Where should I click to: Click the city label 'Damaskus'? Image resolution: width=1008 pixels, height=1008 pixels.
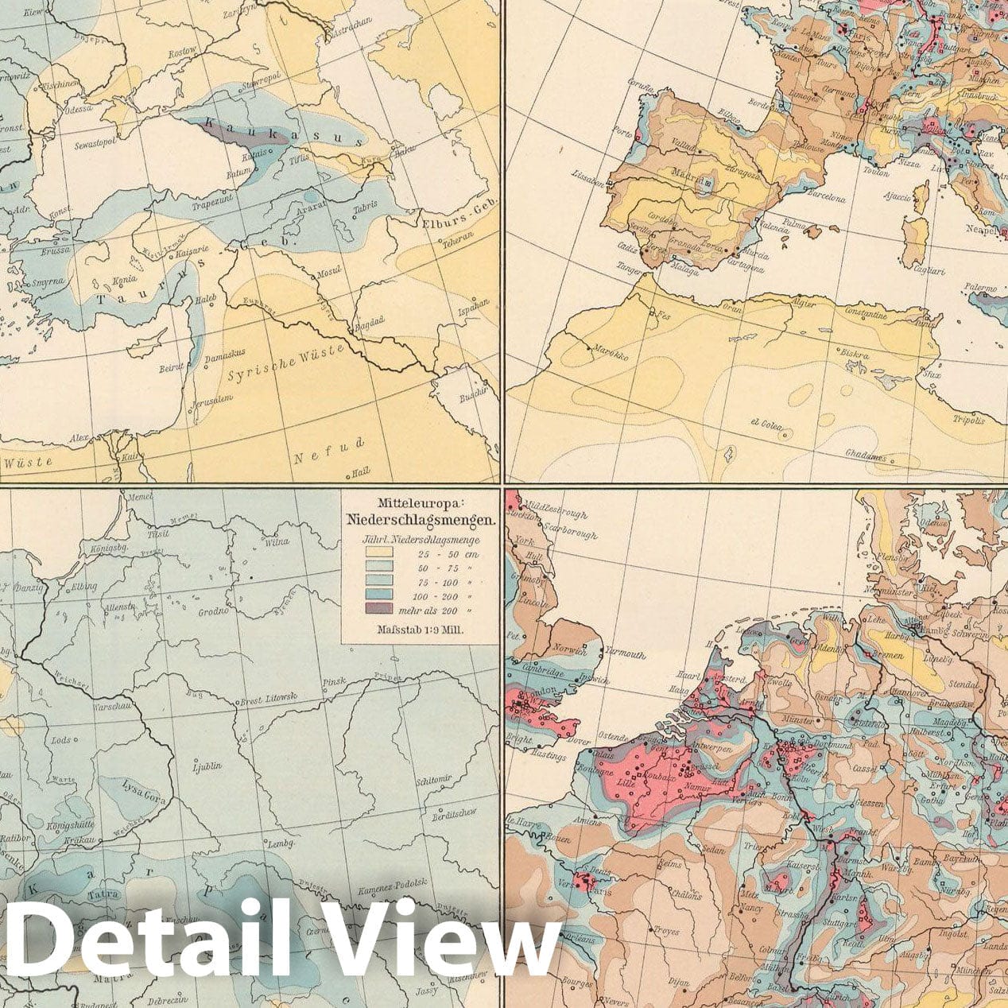[225, 359]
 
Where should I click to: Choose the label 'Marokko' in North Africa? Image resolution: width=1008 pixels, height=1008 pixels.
[608, 355]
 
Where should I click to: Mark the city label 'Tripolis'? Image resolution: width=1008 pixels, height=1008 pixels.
[969, 420]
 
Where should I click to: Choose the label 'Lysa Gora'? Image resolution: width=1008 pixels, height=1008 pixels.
[144, 792]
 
